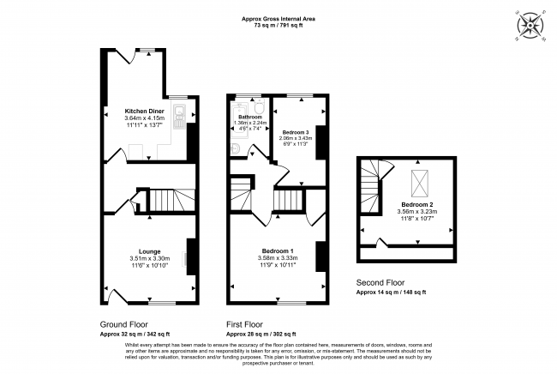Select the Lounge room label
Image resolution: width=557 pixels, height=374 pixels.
click(x=138, y=251)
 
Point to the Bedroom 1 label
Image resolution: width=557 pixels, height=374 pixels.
click(x=278, y=250)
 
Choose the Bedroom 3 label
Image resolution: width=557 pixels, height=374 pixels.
click(x=295, y=131)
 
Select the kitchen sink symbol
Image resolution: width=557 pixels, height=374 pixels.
click(x=179, y=114)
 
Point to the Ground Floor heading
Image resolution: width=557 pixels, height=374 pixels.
click(x=123, y=325)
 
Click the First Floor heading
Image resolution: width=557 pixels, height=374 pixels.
click(x=244, y=325)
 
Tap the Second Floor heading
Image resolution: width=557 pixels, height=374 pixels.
click(x=381, y=282)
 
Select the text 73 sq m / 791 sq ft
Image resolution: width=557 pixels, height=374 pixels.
click(x=278, y=26)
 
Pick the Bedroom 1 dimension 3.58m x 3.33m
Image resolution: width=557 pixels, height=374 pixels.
click(x=278, y=257)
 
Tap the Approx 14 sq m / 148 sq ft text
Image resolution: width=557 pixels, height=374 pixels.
click(x=391, y=293)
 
